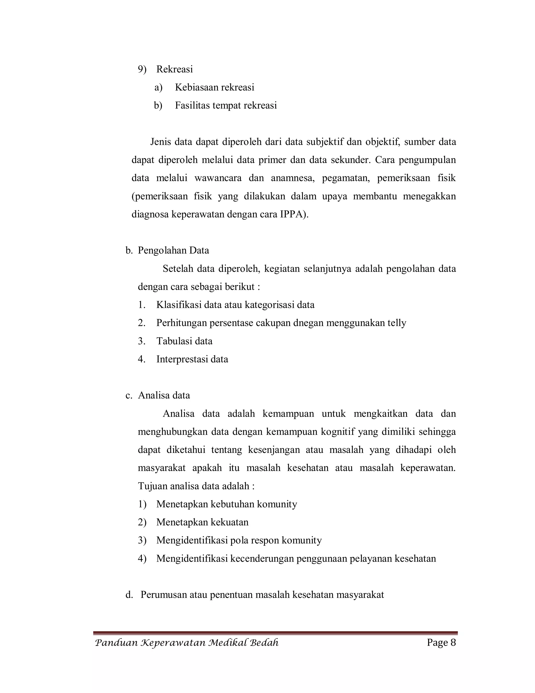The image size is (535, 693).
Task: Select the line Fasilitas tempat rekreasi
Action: [x=226, y=106]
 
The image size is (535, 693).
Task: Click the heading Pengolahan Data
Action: [x=173, y=251]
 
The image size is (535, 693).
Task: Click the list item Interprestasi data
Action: [x=192, y=360]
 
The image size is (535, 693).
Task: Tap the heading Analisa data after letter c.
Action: [x=164, y=396]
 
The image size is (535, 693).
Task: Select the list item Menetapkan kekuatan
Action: [x=202, y=522]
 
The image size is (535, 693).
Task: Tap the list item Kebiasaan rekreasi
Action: [x=214, y=88]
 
